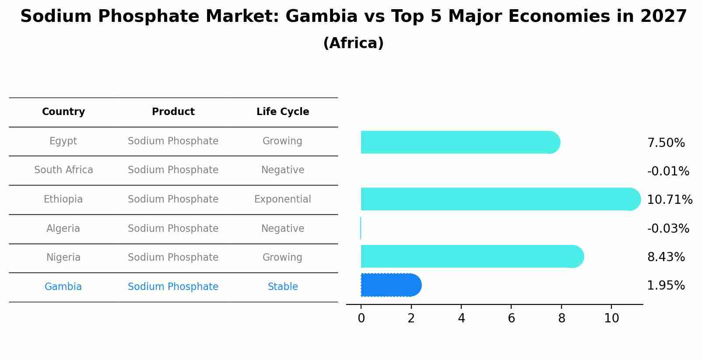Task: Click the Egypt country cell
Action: click(63, 141)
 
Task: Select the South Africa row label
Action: click(63, 170)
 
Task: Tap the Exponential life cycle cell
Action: click(282, 199)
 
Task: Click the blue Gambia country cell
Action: click(63, 287)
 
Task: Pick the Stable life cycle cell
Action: click(283, 287)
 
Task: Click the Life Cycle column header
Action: click(283, 112)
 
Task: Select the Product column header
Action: click(173, 112)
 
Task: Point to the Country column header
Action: click(63, 112)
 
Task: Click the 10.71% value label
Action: click(669, 200)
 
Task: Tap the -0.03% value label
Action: click(668, 229)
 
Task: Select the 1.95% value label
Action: click(666, 286)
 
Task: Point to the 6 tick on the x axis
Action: click(511, 318)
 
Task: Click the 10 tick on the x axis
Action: click(611, 318)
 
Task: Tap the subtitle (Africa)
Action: click(353, 43)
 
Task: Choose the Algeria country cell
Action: click(63, 229)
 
